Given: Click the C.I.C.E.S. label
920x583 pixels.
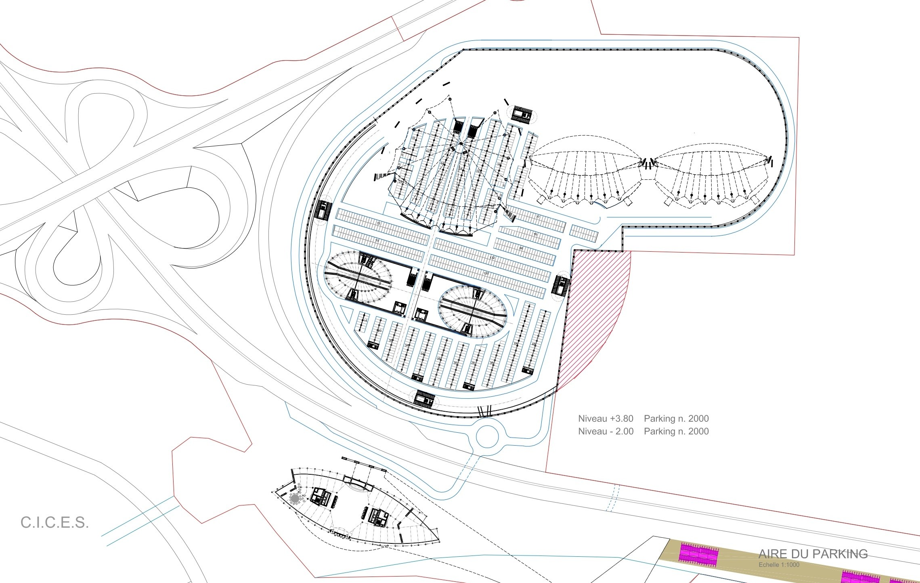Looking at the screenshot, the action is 54,522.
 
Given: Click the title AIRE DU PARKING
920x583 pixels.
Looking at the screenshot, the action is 813,554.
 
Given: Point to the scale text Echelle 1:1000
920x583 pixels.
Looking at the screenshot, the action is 779,565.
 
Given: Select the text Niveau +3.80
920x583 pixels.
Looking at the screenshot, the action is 606,419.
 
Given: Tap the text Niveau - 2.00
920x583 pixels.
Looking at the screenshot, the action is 606,431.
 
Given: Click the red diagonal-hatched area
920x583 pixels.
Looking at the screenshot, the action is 593,315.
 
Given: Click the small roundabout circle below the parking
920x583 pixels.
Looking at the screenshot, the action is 488,436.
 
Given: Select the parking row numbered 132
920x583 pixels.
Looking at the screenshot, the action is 492,258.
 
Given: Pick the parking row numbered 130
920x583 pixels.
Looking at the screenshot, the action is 486,274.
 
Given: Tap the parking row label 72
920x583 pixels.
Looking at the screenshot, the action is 379,223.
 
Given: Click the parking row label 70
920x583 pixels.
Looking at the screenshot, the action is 377,241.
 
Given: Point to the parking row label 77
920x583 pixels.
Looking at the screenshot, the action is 538,217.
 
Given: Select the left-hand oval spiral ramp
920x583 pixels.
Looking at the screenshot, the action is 358,277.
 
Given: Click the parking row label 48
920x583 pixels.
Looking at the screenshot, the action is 534,345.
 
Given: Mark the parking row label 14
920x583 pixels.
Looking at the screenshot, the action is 365,320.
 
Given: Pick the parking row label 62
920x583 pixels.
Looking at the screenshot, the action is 428,151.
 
